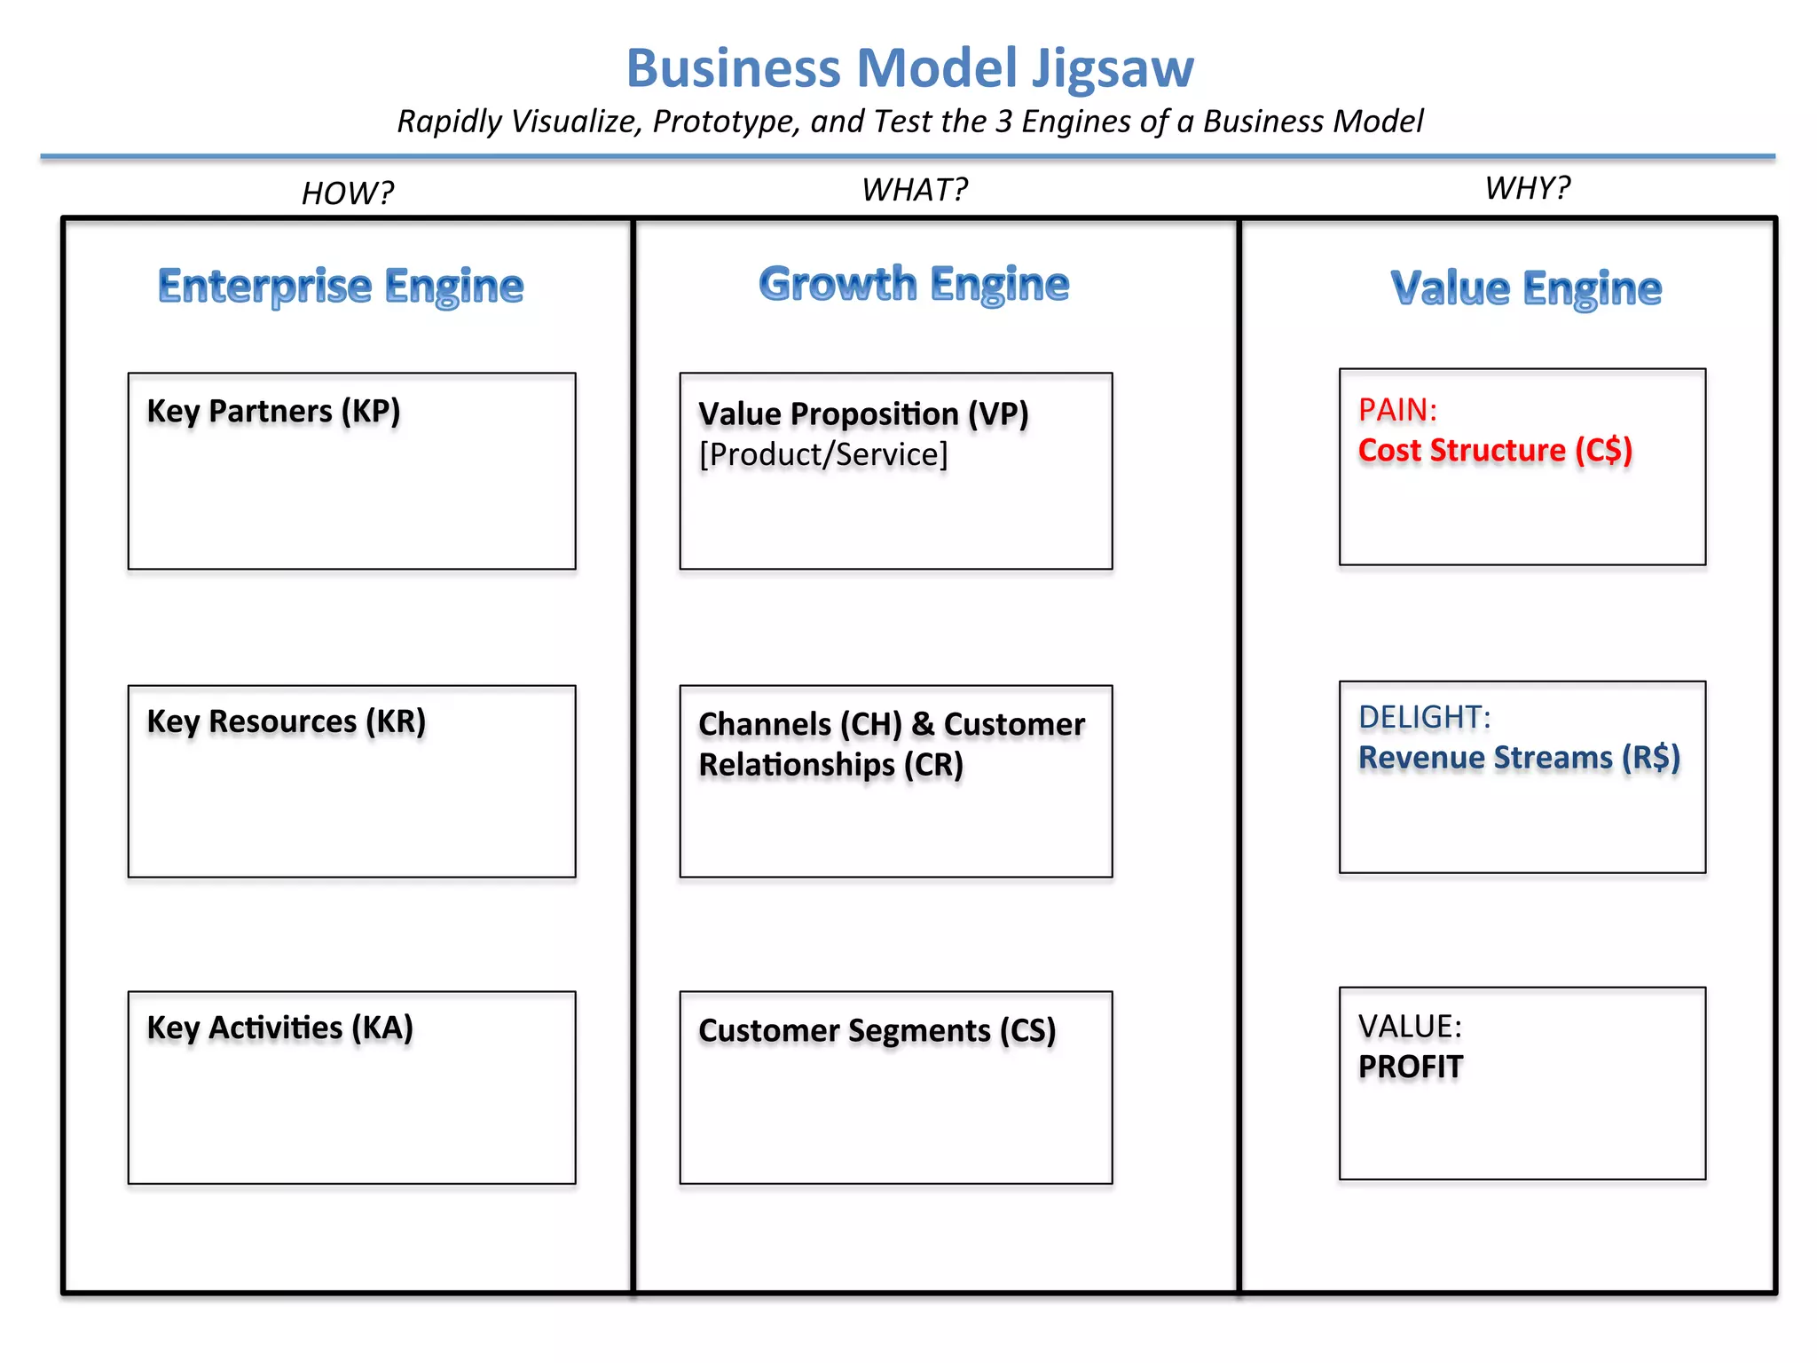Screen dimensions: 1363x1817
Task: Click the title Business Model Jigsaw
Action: coord(909,68)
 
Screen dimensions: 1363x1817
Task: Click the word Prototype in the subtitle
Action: coord(726,122)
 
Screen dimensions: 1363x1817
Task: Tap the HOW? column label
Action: coord(347,193)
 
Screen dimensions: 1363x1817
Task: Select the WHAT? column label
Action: coord(915,190)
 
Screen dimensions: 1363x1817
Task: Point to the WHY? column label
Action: coord(1527,188)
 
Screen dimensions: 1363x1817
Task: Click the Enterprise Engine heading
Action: coord(341,286)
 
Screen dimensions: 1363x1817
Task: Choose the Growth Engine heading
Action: coord(914,284)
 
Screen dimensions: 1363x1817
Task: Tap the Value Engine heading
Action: coord(1526,288)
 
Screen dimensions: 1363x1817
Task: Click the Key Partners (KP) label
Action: coord(273,411)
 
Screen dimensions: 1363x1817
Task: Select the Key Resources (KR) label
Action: coord(286,721)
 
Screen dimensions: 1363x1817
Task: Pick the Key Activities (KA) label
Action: coord(279,1028)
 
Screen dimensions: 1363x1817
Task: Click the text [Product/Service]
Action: coord(823,454)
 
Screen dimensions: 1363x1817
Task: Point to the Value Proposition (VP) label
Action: coord(862,414)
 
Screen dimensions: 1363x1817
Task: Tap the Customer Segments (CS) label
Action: coord(877,1030)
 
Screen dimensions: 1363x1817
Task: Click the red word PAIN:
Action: coord(1397,410)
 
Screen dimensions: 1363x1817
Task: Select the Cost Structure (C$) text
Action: coord(1495,451)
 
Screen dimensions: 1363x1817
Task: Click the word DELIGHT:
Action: coord(1424,717)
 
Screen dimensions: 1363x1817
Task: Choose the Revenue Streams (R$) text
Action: coord(1519,758)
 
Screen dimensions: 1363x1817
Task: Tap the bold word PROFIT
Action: coord(1410,1067)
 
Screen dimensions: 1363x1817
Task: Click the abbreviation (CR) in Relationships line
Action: coord(933,765)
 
